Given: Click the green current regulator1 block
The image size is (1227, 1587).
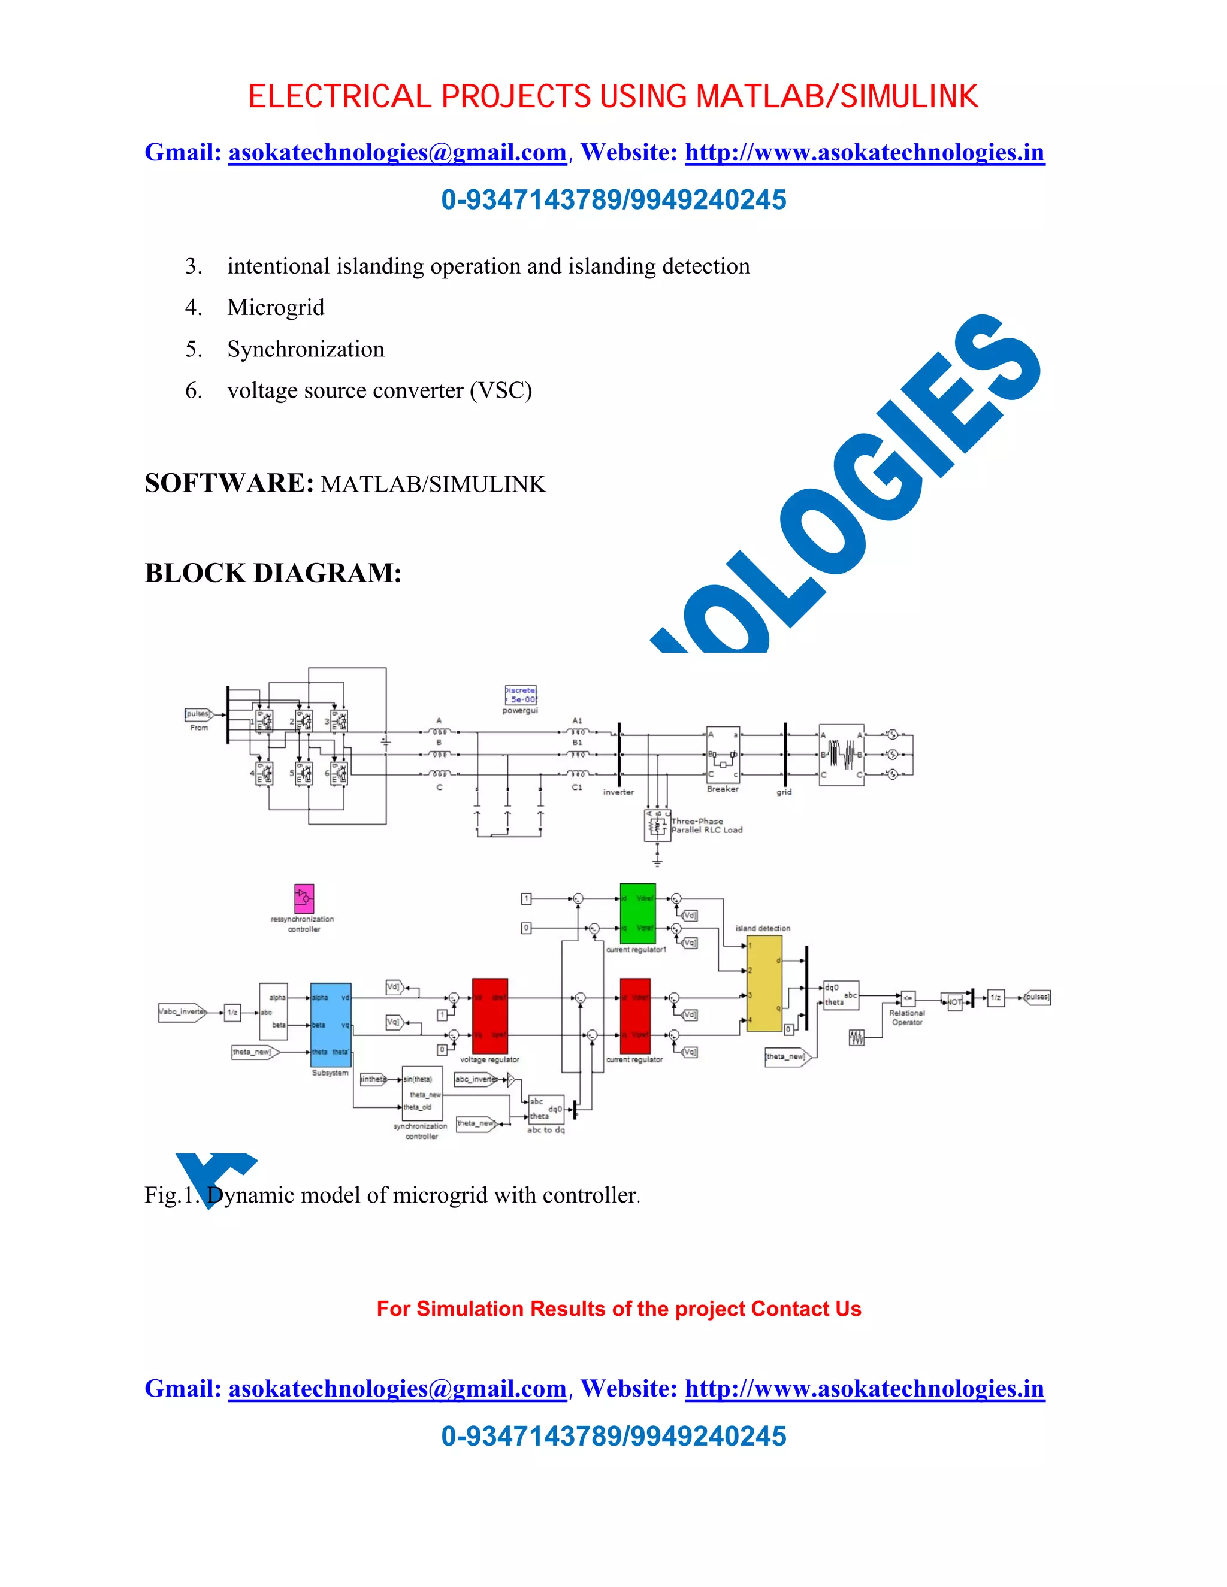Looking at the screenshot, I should pyautogui.click(x=637, y=913).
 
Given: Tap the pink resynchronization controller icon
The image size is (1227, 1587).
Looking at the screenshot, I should pyautogui.click(x=304, y=898).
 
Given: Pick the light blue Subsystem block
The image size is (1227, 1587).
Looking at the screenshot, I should pyautogui.click(x=331, y=1025).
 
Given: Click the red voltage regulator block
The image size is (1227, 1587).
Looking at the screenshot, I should pyautogui.click(x=490, y=1015).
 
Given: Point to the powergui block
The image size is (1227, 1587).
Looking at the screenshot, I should pyautogui.click(x=521, y=695).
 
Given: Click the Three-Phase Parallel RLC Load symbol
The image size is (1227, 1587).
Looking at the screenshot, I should pyautogui.click(x=657, y=826).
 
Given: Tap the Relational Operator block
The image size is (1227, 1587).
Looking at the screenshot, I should pyautogui.click(x=908, y=998).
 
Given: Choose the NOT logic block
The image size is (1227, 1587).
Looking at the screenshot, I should pyautogui.click(x=953, y=1001).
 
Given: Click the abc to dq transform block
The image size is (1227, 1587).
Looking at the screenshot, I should pyautogui.click(x=546, y=1109).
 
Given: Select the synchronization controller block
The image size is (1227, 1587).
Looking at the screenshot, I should pyautogui.click(x=422, y=1093).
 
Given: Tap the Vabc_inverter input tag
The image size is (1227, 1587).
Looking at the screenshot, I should pyautogui.click(x=182, y=1011).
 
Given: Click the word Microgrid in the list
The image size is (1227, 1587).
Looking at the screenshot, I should pyautogui.click(x=276, y=307).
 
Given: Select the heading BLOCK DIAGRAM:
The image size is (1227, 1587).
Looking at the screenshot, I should pyautogui.click(x=273, y=573).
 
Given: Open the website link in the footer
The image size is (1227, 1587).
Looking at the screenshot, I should pyautogui.click(x=865, y=1389).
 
